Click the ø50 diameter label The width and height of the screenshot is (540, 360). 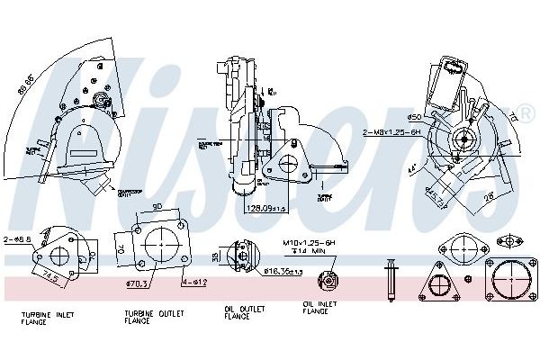click(415, 116)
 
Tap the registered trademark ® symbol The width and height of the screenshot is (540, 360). click(525, 115)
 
